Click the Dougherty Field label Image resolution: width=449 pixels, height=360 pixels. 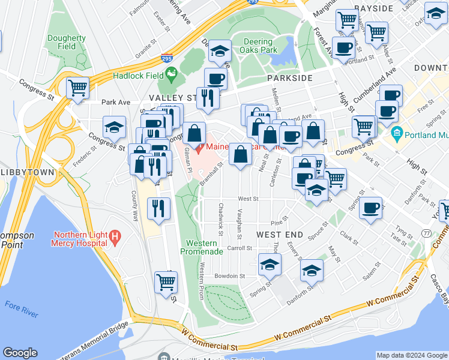pos(67,42)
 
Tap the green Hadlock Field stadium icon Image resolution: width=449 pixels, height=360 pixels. pos(172,75)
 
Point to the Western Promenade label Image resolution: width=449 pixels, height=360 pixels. pos(201,247)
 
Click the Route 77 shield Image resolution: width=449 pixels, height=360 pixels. pos(426,232)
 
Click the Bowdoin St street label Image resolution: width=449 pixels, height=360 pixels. pos(231,276)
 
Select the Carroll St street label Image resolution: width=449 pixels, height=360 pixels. pos(239,248)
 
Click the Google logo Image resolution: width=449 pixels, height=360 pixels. pos(20,353)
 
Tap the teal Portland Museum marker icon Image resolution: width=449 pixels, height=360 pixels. pos(396,132)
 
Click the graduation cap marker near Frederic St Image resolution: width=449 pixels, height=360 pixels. pos(114,127)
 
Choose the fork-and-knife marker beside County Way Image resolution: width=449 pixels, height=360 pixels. pos(158,208)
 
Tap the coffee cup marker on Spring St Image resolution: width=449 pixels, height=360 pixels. pos(371,208)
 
